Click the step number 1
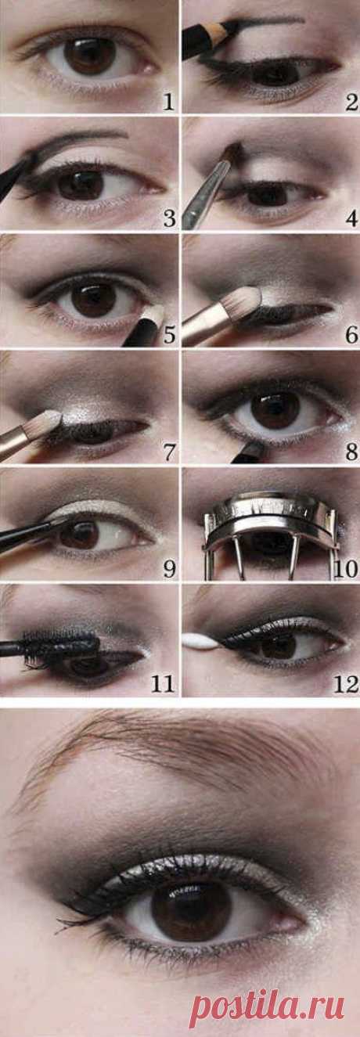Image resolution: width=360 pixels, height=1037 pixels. [x=169, y=102]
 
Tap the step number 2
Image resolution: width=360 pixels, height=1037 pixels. [x=351, y=102]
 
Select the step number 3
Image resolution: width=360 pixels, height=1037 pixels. [x=169, y=218]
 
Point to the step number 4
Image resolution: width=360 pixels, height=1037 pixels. [x=351, y=218]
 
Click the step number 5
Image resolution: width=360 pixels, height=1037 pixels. [x=169, y=335]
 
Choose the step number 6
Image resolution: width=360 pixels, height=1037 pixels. [x=351, y=335]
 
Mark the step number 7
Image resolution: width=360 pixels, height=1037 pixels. [x=169, y=452]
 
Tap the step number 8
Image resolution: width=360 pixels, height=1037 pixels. [x=351, y=452]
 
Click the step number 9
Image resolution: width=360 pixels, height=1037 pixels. [x=169, y=568]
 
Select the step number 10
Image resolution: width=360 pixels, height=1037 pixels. [x=345, y=568]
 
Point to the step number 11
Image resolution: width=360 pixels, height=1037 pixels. [x=163, y=685]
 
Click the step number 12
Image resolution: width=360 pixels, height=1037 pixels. [x=345, y=685]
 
